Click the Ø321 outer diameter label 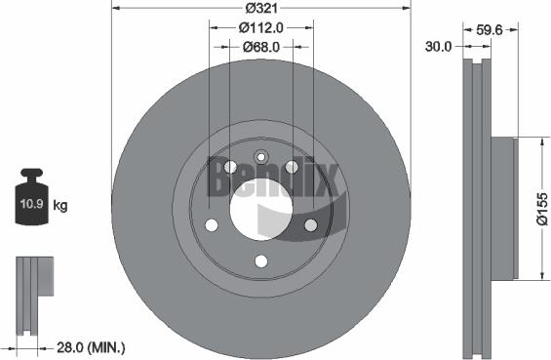pyautogui.click(x=259, y=7)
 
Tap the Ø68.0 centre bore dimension pyautogui.click(x=260, y=46)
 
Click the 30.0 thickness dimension pyautogui.click(x=440, y=46)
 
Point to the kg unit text pyautogui.click(x=59, y=206)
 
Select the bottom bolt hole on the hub pyautogui.click(x=259, y=260)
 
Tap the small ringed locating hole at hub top pyautogui.click(x=259, y=158)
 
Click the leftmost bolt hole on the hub pyautogui.click(x=210, y=225)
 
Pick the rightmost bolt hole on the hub pyautogui.click(x=310, y=225)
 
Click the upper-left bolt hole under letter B pyautogui.click(x=229, y=167)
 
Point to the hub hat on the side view pyautogui.click(x=500, y=209)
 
